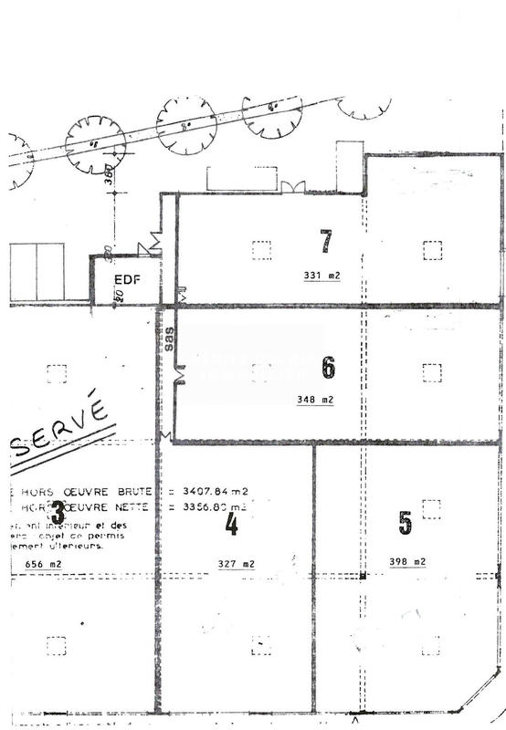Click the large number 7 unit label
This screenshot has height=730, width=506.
[326, 242]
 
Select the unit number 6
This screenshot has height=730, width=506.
[329, 368]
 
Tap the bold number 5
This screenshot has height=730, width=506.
[406, 523]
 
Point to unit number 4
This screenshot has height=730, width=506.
[232, 524]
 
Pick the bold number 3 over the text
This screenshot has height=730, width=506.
[58, 511]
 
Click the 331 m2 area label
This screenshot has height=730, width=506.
[322, 275]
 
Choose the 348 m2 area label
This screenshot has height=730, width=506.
[316, 399]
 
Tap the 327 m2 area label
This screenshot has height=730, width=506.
[236, 565]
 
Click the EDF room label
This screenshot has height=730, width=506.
[127, 279]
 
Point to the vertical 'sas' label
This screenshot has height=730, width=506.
[170, 339]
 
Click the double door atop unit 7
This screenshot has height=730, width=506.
[293, 186]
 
